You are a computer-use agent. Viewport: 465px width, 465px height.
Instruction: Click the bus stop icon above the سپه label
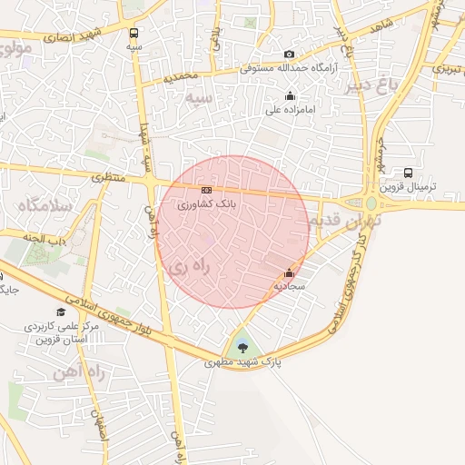[134, 31]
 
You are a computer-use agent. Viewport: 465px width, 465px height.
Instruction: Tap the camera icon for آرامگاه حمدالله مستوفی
[289, 54]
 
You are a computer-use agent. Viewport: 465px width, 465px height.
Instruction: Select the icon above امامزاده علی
[290, 95]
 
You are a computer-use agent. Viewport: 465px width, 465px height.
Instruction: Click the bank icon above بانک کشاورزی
[207, 190]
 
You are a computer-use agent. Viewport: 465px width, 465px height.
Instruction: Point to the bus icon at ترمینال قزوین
[408, 173]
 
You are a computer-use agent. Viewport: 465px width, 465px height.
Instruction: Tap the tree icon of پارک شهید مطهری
[242, 346]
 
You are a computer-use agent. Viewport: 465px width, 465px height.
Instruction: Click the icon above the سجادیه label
[289, 272]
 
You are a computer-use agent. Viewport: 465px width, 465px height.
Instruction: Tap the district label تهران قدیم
[345, 219]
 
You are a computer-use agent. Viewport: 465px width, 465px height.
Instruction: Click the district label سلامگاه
[44, 206]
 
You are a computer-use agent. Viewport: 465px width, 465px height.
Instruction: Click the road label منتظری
[111, 179]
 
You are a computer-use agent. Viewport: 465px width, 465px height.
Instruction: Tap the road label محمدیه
[182, 77]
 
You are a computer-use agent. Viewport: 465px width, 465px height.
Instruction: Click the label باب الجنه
[46, 239]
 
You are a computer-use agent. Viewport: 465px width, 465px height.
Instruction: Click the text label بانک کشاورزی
[207, 205]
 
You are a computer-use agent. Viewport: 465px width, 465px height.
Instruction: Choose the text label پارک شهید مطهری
[242, 361]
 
